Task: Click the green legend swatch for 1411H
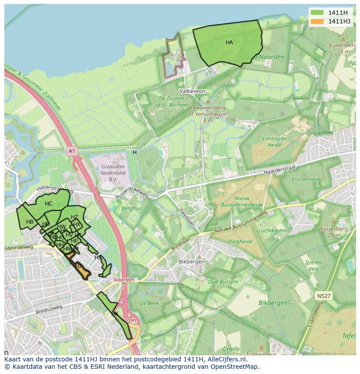click(317, 13)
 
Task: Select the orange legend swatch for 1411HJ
click(317, 21)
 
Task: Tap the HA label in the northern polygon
click(229, 43)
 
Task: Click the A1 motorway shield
click(72, 151)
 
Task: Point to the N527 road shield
click(323, 296)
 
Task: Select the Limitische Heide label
click(274, 142)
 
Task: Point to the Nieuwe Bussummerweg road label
click(241, 222)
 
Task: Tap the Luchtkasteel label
click(273, 230)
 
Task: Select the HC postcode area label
click(48, 204)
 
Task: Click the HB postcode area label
click(30, 222)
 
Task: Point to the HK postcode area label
click(115, 313)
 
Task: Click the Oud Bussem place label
click(223, 282)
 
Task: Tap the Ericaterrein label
click(306, 179)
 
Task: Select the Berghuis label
click(132, 209)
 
